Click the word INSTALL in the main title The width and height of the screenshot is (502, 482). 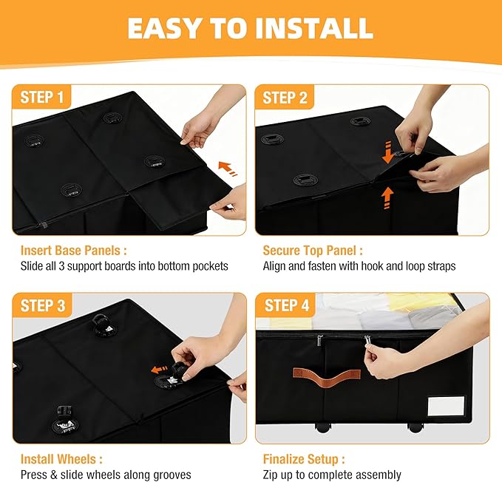[314, 28]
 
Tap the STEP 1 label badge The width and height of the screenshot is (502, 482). [41, 97]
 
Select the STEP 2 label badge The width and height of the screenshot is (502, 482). [285, 98]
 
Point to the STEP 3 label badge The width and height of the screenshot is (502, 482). [43, 305]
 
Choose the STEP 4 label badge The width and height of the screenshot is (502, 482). [286, 305]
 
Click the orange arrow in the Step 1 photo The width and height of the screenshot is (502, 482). [228, 169]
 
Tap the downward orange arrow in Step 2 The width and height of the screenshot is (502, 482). [387, 152]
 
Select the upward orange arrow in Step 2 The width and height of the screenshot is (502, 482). [387, 198]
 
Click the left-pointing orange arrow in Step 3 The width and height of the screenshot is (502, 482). [160, 370]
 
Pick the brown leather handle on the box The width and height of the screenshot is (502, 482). [327, 379]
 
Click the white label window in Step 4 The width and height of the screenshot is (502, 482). [446, 406]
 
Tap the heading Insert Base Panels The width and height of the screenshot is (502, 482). [74, 251]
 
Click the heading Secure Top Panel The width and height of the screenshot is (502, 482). [313, 251]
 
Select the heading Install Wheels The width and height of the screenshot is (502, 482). [61, 459]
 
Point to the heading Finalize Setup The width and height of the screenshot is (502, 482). [304, 459]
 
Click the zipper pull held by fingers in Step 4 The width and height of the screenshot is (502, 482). [367, 340]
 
